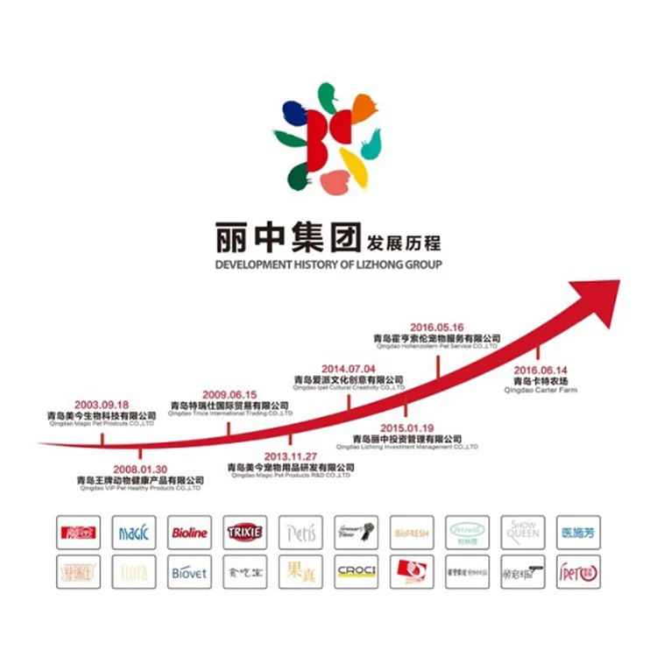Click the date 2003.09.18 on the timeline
click(102, 406)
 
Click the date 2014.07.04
click(348, 370)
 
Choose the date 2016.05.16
click(436, 328)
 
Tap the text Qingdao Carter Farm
click(540, 391)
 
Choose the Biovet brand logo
click(189, 572)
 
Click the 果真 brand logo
click(301, 572)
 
